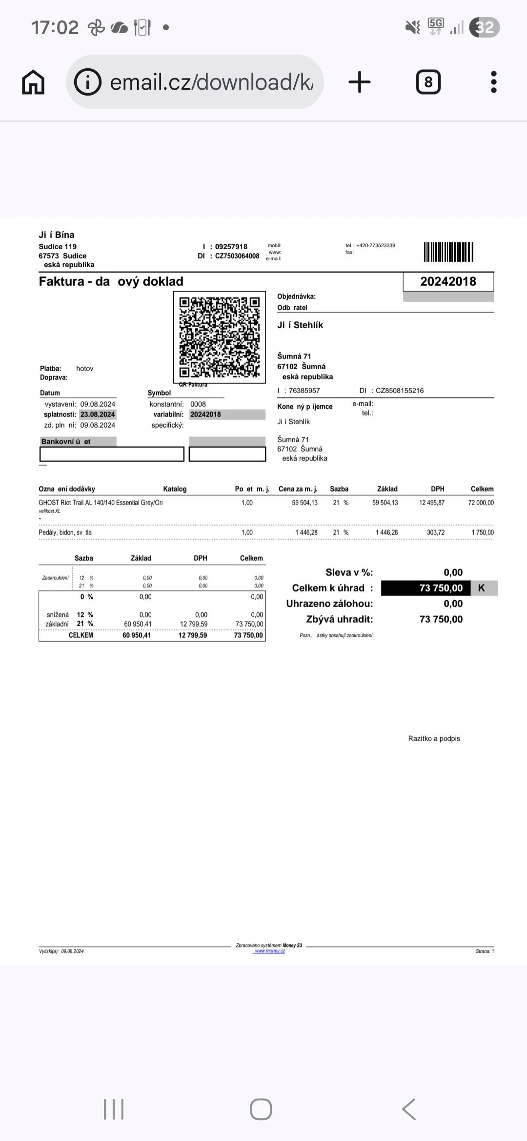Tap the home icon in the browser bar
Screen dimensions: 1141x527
pos(33,82)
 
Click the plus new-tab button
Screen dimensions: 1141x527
pos(360,82)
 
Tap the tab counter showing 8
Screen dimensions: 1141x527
pos(428,82)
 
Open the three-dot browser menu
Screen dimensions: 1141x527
pos(493,82)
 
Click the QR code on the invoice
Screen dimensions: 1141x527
pos(220,337)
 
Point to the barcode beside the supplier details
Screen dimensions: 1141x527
pos(448,252)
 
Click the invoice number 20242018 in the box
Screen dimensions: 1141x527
pos(448,281)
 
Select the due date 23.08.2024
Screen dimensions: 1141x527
pos(98,414)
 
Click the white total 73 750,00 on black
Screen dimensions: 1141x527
pos(441,588)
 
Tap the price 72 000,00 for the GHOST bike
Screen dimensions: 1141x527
pos(481,503)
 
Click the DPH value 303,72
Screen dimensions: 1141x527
pos(435,532)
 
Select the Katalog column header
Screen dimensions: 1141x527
pos(175,489)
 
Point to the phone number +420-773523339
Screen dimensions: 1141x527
pos(375,245)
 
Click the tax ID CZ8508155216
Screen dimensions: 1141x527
pos(400,391)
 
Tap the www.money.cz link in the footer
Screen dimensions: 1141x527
pos(269,951)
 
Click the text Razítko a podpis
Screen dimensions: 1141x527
pos(434,738)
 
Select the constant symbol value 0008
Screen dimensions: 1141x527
pos(198,404)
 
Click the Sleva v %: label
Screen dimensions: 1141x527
pos(349,572)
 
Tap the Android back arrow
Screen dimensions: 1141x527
pos(409,1109)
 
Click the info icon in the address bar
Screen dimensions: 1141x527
pos(87,82)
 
